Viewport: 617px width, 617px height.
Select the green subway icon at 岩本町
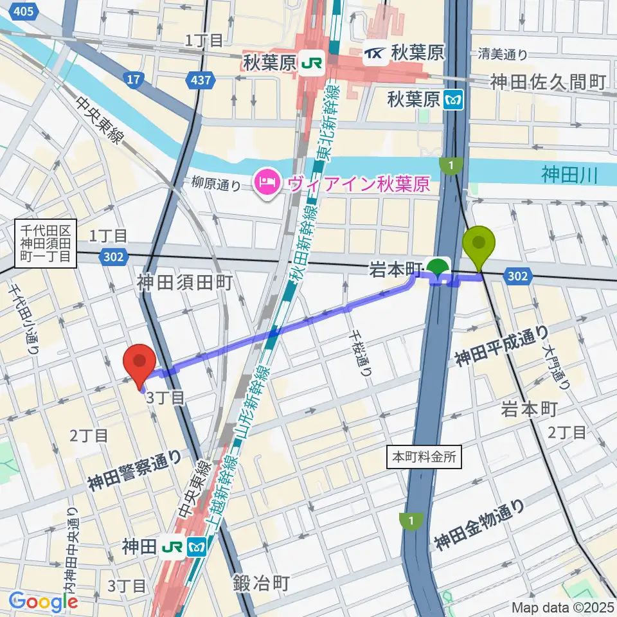(439, 265)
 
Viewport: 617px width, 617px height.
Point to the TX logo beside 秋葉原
(375, 53)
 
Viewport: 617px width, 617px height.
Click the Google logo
(44, 602)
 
